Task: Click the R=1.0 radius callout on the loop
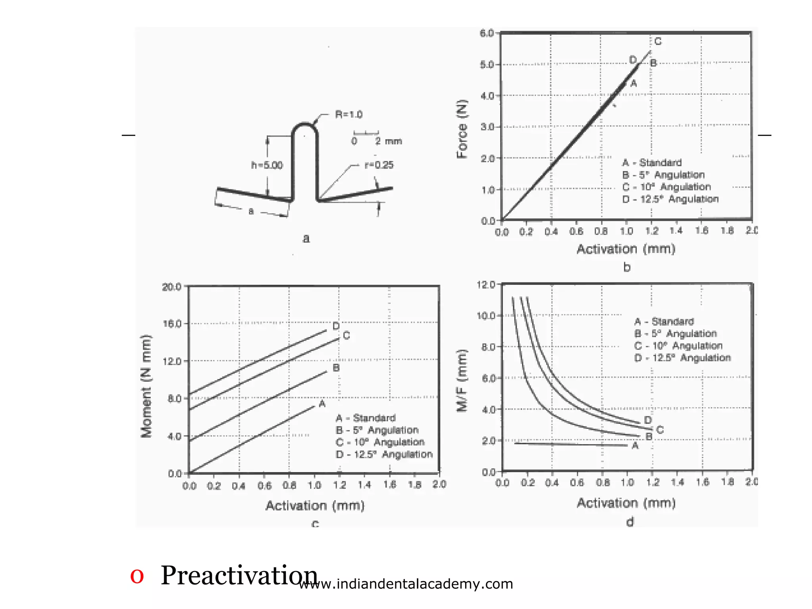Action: click(x=349, y=115)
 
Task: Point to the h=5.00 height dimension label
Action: click(x=267, y=165)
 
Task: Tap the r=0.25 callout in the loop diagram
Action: click(x=379, y=165)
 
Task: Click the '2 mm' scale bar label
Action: click(x=388, y=141)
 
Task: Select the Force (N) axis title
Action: click(x=462, y=129)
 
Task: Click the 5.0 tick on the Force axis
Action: click(x=487, y=64)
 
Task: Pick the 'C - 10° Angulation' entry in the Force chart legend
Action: click(x=666, y=187)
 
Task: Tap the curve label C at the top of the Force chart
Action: click(x=658, y=41)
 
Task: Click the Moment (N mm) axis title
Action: click(x=146, y=386)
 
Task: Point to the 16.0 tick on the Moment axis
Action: click(x=172, y=324)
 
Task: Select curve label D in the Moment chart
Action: click(x=336, y=326)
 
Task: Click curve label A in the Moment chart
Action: click(x=322, y=404)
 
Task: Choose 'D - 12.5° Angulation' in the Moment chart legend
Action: click(x=384, y=454)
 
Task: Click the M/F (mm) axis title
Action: click(x=462, y=381)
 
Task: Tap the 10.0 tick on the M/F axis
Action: click(x=486, y=316)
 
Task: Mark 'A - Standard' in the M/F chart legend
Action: click(x=664, y=322)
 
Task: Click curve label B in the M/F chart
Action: click(x=649, y=437)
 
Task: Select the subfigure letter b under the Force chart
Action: click(x=627, y=267)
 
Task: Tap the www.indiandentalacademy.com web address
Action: click(x=406, y=584)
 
